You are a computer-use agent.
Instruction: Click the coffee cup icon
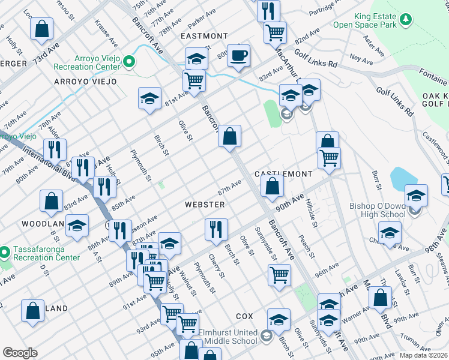tap(238, 56)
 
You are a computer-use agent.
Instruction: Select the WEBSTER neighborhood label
tap(205, 205)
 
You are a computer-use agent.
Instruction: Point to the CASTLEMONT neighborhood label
tap(283, 174)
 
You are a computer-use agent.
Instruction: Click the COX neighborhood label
tap(244, 316)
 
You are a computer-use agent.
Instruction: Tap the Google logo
tap(20, 352)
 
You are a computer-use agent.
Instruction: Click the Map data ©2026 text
tap(423, 355)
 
